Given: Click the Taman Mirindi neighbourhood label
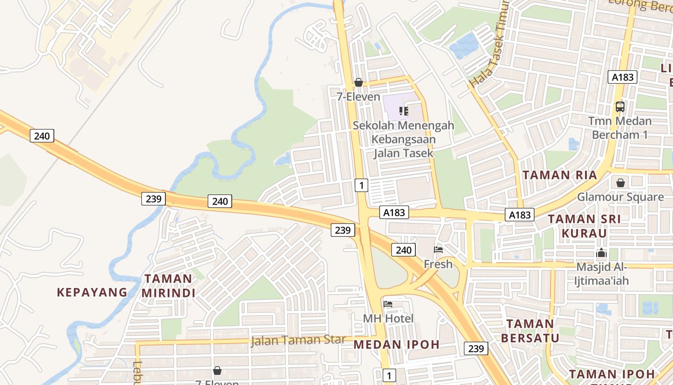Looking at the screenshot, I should [x=168, y=285].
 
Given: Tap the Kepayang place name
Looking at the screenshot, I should [x=92, y=292].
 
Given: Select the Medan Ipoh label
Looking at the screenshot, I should [x=397, y=344].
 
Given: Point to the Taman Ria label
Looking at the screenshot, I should [x=560, y=175].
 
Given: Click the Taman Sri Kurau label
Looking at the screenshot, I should [x=585, y=226].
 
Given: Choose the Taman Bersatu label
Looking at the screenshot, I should [x=530, y=330].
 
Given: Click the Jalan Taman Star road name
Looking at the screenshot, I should [x=298, y=340].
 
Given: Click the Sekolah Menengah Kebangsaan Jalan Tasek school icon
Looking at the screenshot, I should [x=404, y=112].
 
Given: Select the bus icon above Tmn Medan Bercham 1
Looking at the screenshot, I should [x=620, y=106].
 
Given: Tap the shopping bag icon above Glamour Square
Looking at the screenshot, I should [x=621, y=183].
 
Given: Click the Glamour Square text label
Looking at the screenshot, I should [x=620, y=197].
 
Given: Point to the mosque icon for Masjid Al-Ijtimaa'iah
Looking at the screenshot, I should [x=601, y=253].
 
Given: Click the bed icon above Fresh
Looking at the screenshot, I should [x=438, y=249].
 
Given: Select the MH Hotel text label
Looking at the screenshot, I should [x=388, y=318].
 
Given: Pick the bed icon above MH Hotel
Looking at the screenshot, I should [x=388, y=304].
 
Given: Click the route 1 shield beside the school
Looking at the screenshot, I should [x=361, y=184].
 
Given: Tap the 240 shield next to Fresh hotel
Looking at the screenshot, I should [x=403, y=250].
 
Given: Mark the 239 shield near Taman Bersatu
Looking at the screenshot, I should [x=476, y=348].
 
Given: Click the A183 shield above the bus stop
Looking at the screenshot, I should [x=623, y=77].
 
